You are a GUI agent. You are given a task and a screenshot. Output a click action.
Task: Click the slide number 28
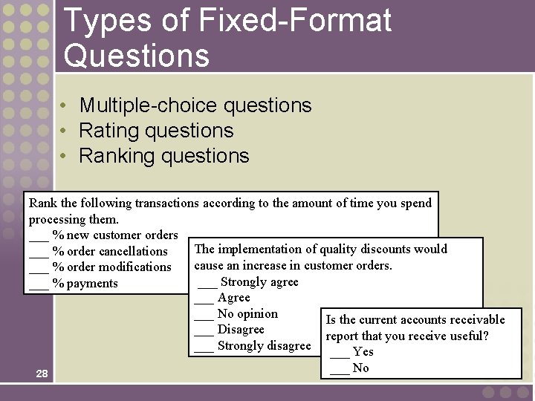(42, 374)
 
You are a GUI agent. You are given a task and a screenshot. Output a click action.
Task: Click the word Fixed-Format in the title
(295, 21)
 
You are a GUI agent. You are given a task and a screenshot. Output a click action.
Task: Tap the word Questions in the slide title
(137, 55)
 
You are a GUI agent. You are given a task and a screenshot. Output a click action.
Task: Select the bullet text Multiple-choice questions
(195, 105)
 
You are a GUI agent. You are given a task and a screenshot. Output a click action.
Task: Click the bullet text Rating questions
(156, 131)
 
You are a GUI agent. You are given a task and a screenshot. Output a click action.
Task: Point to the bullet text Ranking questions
(163, 156)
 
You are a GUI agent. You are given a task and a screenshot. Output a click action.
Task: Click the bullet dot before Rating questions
(65, 131)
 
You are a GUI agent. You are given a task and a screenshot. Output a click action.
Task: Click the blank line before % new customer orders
(39, 236)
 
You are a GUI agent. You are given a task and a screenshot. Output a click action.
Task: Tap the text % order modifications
(111, 267)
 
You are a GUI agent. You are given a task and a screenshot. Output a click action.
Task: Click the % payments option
(85, 284)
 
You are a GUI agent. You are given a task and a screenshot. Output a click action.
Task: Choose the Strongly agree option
(259, 282)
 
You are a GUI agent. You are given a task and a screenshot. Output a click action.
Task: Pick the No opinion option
(247, 314)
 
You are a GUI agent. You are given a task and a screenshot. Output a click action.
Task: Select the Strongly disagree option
(263, 346)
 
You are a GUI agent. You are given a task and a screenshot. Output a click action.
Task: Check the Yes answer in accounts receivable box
(363, 352)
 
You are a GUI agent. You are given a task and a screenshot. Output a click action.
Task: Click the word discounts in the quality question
(384, 250)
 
